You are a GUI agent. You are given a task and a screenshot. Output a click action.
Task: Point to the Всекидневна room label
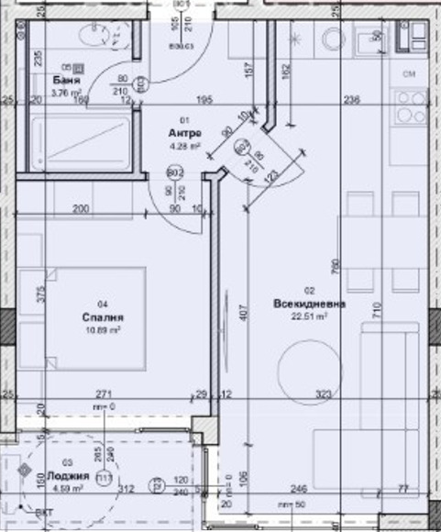coord(308,304)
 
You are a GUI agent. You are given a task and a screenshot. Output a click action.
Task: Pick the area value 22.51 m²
coord(308,319)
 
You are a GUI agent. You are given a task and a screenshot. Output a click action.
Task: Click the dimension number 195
coord(204,100)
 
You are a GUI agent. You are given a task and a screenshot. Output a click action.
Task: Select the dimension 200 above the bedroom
coord(80,210)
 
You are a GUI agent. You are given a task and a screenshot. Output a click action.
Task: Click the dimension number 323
coord(323,393)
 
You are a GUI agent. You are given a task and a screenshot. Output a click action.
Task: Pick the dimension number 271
coord(103,393)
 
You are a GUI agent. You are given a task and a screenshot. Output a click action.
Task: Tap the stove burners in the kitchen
coord(408,107)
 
